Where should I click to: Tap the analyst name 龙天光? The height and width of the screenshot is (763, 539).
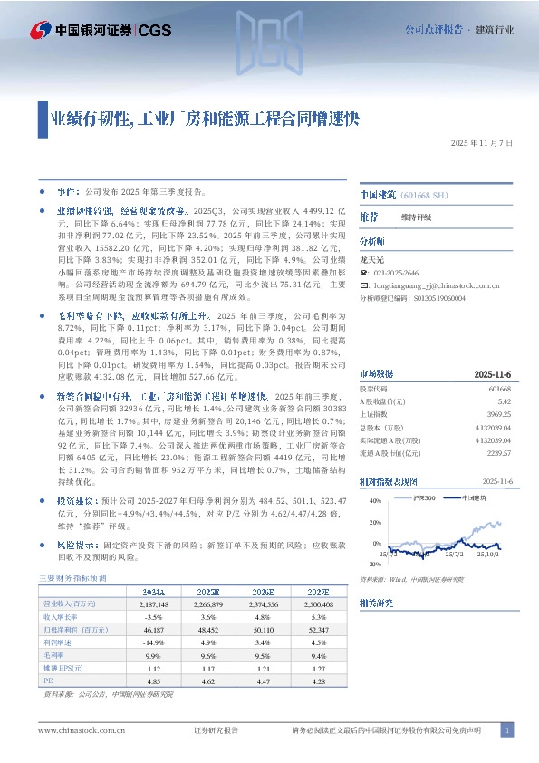pyautogui.click(x=371, y=258)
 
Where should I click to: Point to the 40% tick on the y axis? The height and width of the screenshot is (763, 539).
pyautogui.click(x=375, y=501)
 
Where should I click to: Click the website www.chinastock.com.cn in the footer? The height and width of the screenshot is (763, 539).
pyautogui.click(x=76, y=730)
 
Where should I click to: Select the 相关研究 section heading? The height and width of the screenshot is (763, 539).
pyautogui.click(x=373, y=601)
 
